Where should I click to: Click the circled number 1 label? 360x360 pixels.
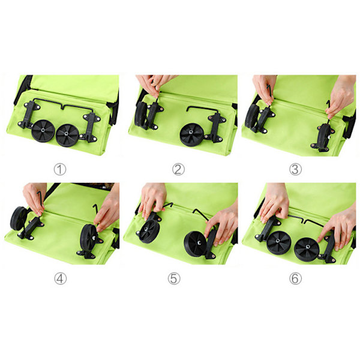(x=60, y=169)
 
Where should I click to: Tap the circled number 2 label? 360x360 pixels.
(x=178, y=169)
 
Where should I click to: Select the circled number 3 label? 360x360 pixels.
(x=295, y=169)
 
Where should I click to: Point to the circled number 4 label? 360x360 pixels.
(x=61, y=278)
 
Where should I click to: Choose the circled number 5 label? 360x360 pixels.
(x=174, y=278)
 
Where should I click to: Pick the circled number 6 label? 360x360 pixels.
(x=295, y=278)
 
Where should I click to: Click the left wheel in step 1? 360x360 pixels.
(x=43, y=130)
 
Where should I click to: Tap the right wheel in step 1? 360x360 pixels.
(x=67, y=135)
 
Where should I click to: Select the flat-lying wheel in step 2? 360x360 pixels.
(x=191, y=135)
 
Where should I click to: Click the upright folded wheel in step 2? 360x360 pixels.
(x=140, y=114)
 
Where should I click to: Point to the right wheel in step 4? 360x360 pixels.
(x=89, y=236)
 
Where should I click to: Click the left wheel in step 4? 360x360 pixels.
(x=19, y=218)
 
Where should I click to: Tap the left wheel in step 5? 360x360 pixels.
(x=149, y=231)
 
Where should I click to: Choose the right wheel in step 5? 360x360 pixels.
(x=196, y=244)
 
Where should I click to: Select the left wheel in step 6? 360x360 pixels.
(x=279, y=242)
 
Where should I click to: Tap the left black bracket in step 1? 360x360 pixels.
(x=28, y=115)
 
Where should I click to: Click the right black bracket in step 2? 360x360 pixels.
(x=215, y=127)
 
